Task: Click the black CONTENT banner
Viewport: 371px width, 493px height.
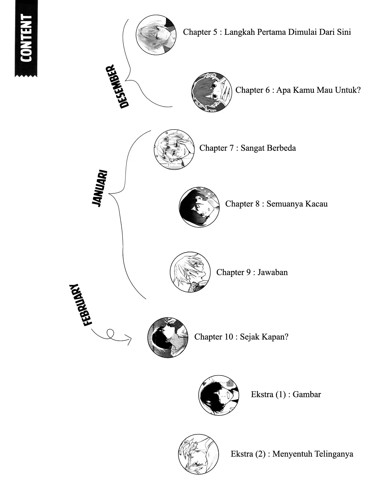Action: click(26, 38)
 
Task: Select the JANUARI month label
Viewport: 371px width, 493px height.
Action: click(100, 188)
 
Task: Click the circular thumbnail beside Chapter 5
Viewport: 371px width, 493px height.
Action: click(156, 35)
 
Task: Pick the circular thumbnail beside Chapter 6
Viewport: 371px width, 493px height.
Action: click(212, 92)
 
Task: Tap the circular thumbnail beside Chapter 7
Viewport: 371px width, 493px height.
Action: click(174, 150)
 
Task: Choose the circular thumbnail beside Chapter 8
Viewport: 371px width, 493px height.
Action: click(199, 207)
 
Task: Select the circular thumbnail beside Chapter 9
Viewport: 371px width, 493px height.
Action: click(190, 272)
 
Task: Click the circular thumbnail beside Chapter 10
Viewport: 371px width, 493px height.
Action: click(168, 338)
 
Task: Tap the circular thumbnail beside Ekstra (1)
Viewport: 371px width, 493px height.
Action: click(219, 395)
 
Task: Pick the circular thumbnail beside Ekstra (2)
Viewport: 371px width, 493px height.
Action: click(198, 454)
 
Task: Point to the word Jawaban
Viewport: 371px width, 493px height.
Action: click(272, 272)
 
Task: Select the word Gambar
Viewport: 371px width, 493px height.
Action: click(307, 394)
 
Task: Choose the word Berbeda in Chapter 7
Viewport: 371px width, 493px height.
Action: click(281, 148)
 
